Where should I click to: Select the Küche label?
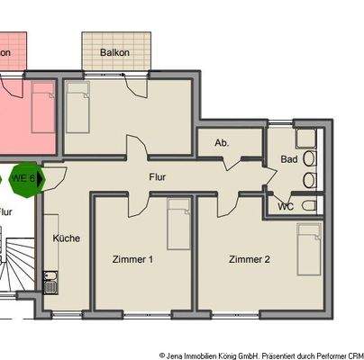tap(66, 238)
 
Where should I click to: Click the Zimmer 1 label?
tap(132, 259)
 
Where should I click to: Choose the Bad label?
tap(288, 159)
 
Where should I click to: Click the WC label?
tap(285, 206)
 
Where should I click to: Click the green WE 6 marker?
tap(23, 178)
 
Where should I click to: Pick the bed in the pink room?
tap(41, 108)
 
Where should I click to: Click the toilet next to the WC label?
tap(309, 206)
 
